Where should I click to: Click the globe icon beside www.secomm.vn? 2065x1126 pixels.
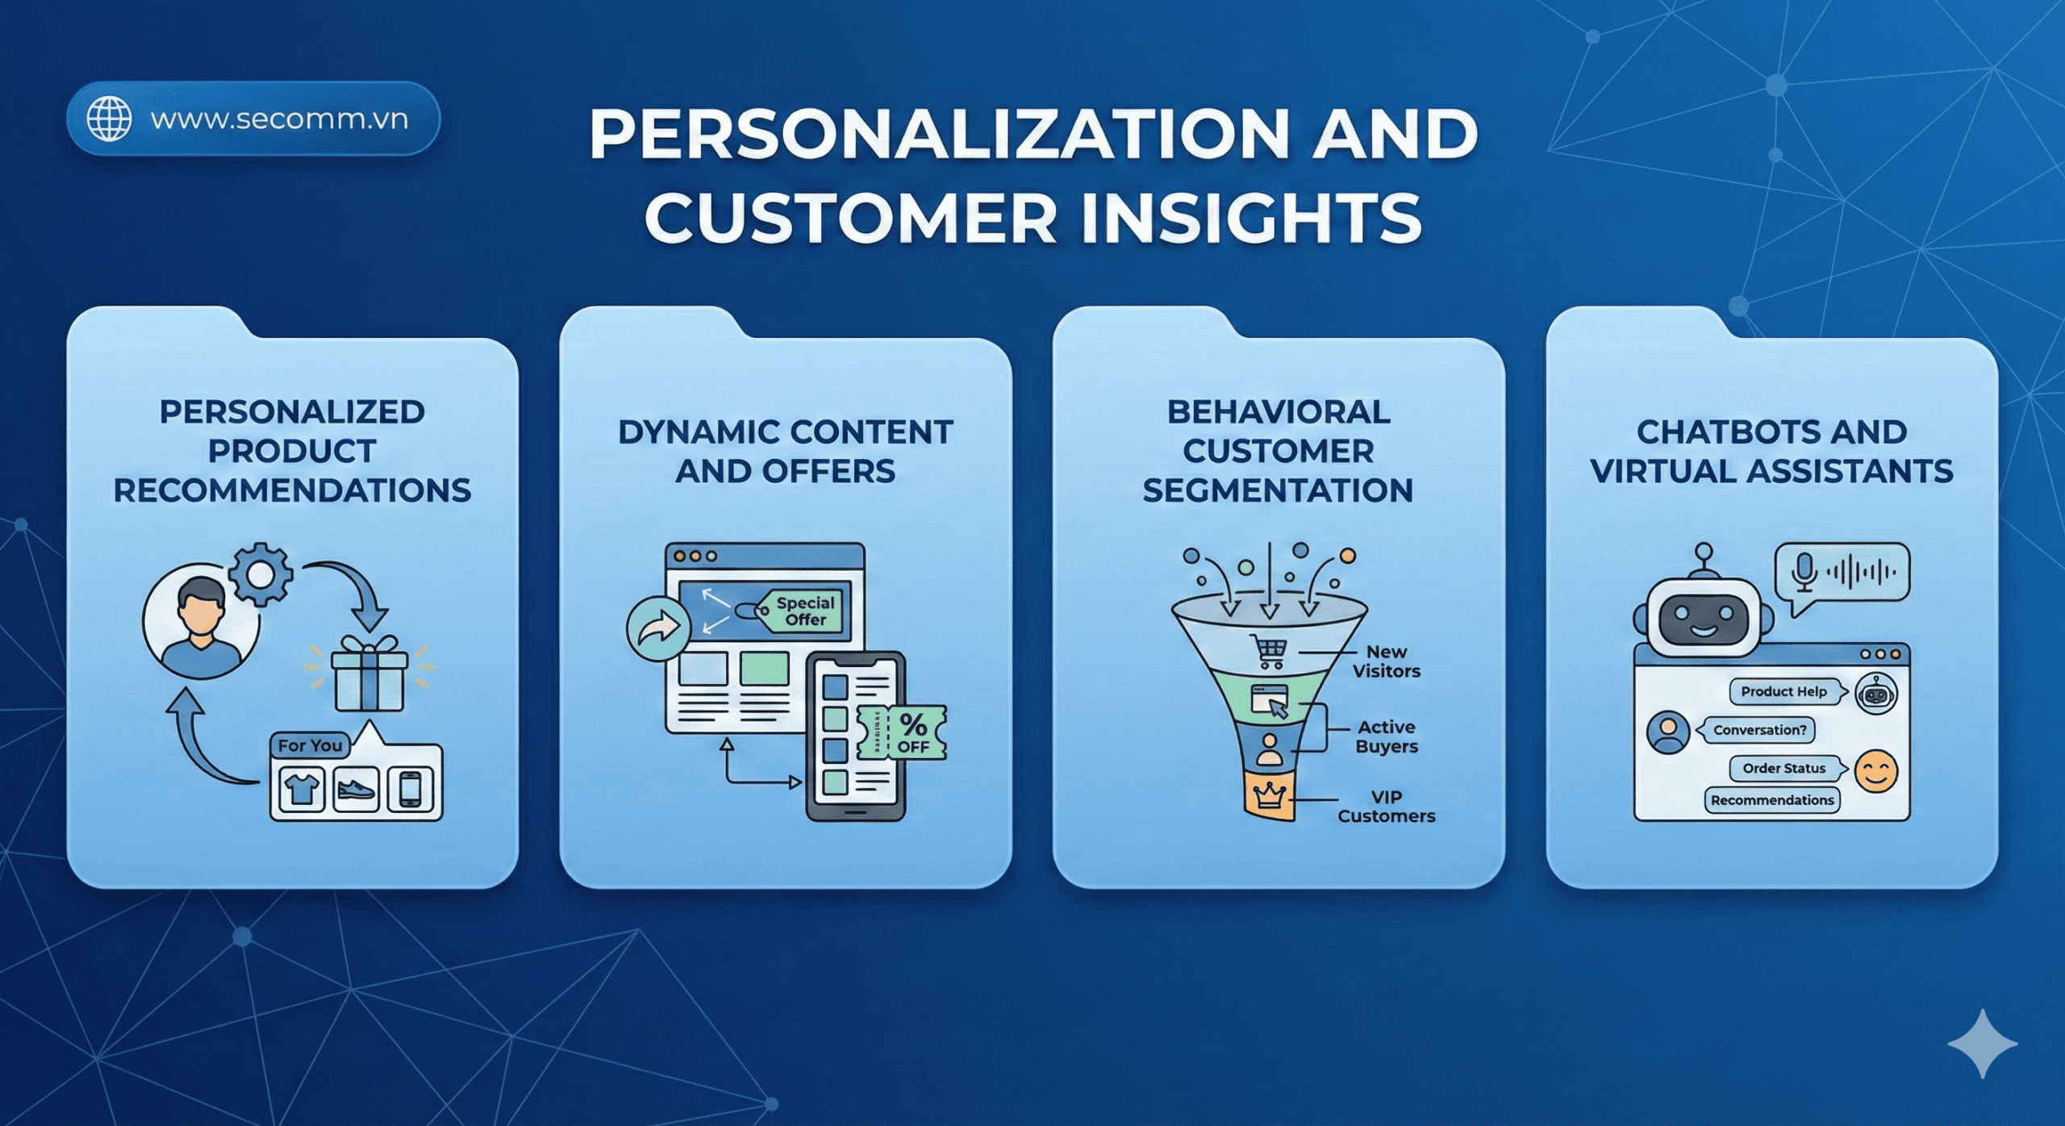coord(109,119)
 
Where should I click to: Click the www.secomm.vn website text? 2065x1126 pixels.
coord(279,119)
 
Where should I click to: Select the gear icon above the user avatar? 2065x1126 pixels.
coord(260,574)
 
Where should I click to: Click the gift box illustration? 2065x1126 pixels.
coord(369,675)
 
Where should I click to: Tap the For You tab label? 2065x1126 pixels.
coord(310,745)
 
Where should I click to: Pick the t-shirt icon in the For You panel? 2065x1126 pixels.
coord(302,788)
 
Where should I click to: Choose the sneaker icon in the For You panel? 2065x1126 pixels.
coord(356,788)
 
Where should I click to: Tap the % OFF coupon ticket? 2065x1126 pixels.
coord(903,733)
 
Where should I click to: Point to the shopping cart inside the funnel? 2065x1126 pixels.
coord(1268,651)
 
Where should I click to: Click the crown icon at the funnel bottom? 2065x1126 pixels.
coord(1269,795)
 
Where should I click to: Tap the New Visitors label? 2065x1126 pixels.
coord(1386,661)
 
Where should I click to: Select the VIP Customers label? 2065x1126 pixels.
coord(1386,807)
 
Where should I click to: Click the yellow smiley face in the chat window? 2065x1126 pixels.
coord(1875,771)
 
